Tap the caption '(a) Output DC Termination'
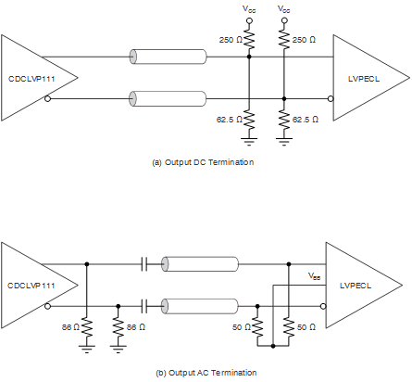click(x=202, y=162)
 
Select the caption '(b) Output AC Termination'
click(x=202, y=372)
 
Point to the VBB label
click(x=315, y=275)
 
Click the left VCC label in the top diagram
click(x=248, y=8)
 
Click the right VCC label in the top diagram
click(x=282, y=8)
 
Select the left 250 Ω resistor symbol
click(x=248, y=42)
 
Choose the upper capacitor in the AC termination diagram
click(x=144, y=264)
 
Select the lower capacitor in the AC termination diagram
click(x=144, y=304)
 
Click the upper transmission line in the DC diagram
click(x=168, y=57)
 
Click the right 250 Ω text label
click(x=302, y=41)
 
